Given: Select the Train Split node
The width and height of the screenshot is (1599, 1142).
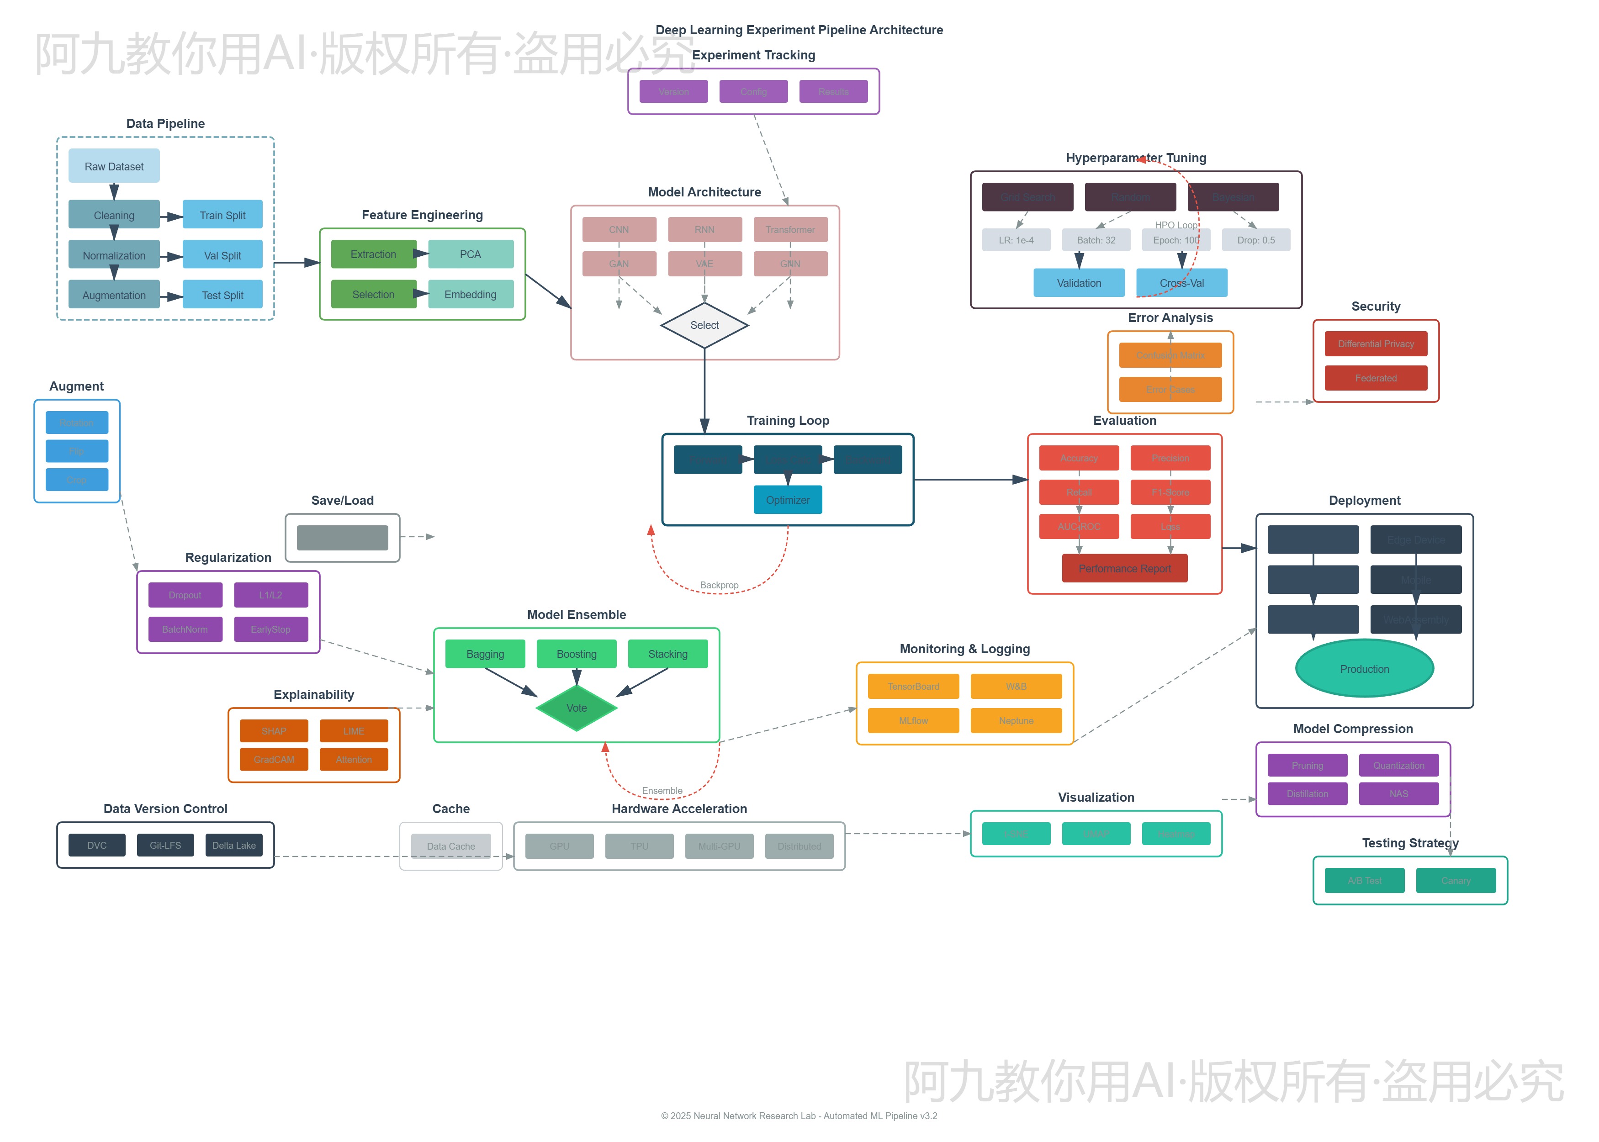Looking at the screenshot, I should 222,215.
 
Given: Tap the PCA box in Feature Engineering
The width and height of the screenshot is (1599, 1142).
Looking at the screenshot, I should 471,254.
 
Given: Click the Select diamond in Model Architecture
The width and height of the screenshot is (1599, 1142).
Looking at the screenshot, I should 704,325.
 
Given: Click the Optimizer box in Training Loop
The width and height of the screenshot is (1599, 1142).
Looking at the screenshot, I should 788,500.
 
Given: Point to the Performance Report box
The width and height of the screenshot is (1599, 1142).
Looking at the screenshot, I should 1124,568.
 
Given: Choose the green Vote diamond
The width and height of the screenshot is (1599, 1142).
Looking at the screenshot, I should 577,708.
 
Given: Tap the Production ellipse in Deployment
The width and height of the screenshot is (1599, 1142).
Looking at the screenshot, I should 1364,669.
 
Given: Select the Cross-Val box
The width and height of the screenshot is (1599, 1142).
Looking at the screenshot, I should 1181,283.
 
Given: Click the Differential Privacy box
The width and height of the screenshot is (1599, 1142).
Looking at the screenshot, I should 1376,344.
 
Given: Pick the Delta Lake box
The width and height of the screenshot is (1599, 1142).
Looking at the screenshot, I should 234,845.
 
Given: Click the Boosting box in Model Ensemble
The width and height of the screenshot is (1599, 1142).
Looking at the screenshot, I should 577,654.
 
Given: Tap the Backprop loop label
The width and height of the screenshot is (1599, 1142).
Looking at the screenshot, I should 719,585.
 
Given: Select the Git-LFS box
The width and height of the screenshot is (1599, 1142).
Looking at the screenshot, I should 165,845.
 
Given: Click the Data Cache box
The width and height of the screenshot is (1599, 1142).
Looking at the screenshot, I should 451,846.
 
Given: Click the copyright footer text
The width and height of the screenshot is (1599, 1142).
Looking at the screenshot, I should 799,1116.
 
